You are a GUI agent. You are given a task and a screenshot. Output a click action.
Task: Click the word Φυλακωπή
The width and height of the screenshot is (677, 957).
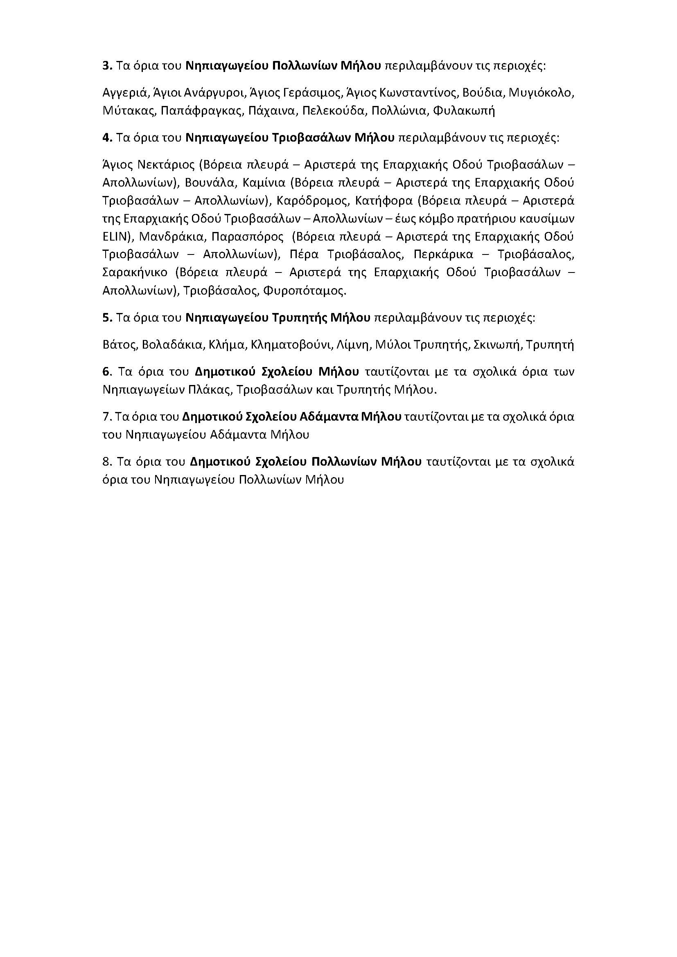click(464, 111)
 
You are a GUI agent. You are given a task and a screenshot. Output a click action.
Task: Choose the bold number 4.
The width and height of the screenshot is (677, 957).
click(107, 137)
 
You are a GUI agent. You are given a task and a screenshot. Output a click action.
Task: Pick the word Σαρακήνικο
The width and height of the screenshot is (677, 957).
click(135, 272)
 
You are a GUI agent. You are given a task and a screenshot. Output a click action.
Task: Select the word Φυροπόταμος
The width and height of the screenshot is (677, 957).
click(304, 290)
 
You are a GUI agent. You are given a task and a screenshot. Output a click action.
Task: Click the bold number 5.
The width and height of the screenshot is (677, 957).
click(107, 317)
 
